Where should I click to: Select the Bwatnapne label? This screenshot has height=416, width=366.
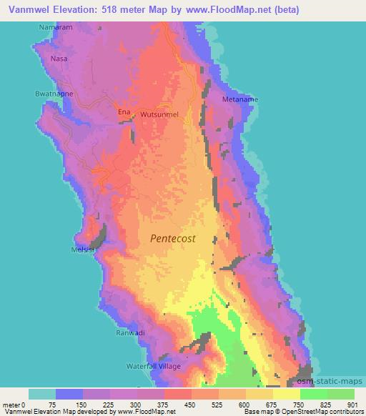click(x=52, y=93)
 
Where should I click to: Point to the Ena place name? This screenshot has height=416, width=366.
click(x=124, y=113)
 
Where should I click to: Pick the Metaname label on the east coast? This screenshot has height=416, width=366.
click(x=240, y=99)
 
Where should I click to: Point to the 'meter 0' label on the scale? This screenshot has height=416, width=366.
click(x=15, y=405)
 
